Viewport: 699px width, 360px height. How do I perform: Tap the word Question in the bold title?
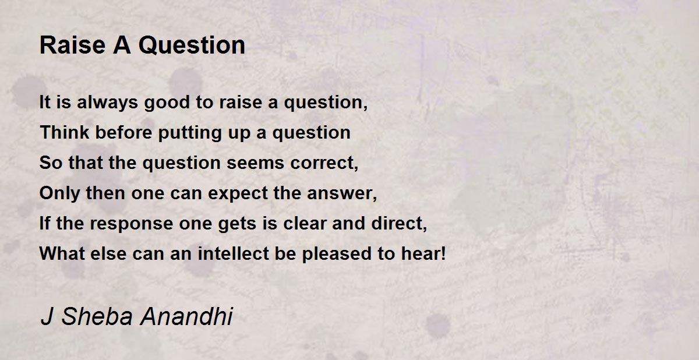pyautogui.click(x=192, y=46)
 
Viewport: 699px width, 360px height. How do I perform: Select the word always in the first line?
pyautogui.click(x=107, y=103)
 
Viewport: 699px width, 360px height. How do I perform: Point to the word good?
pyautogui.click(x=167, y=103)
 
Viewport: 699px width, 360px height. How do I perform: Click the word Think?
pyautogui.click(x=65, y=132)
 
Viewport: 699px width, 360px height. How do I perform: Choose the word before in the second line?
pyautogui.click(x=123, y=132)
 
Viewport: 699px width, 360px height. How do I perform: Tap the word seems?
pyautogui.click(x=256, y=163)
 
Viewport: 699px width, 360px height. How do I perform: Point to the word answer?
pyautogui.click(x=340, y=193)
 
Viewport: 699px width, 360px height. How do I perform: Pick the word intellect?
pyautogui.click(x=234, y=253)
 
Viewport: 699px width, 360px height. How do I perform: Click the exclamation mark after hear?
pyautogui.click(x=443, y=253)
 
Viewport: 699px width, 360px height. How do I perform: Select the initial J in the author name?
pyautogui.click(x=47, y=316)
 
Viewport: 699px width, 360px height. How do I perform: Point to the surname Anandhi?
pyautogui.click(x=186, y=316)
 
